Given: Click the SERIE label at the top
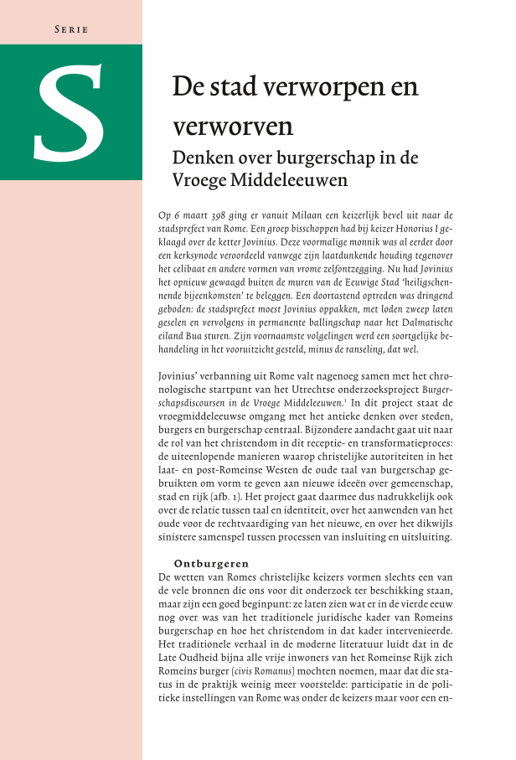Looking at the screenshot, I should pyautogui.click(x=71, y=30).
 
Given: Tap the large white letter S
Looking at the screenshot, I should pyautogui.click(x=70, y=112).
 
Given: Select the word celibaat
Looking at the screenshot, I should pyautogui.click(x=187, y=269).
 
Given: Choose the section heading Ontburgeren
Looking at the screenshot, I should pyautogui.click(x=211, y=563).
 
